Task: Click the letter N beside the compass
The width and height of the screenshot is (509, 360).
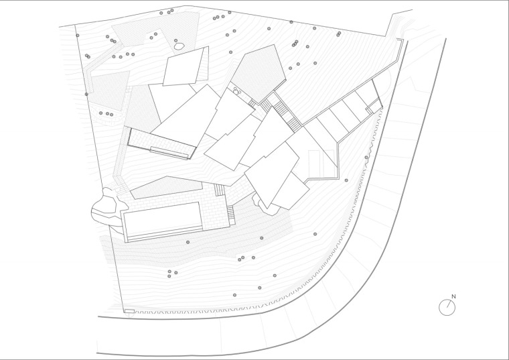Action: (454, 296)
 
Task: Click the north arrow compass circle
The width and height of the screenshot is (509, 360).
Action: (447, 307)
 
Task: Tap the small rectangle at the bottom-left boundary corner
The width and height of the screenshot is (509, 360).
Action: (129, 311)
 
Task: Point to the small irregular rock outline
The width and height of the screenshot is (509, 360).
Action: (179, 46)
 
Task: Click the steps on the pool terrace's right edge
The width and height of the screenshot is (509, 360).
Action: (230, 213)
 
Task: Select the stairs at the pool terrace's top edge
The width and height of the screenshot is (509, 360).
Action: (220, 190)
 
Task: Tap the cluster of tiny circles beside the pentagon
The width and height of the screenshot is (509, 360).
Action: (236, 91)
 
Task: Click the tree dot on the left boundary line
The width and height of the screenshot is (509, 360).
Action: (86, 95)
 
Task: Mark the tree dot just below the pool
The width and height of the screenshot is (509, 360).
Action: (188, 242)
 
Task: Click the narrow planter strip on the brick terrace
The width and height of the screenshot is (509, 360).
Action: (169, 153)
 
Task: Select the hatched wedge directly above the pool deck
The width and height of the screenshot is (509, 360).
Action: (166, 188)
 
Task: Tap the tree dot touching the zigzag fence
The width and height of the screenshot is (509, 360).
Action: (366, 158)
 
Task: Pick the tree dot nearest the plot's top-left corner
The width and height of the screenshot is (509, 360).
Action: (78, 36)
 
